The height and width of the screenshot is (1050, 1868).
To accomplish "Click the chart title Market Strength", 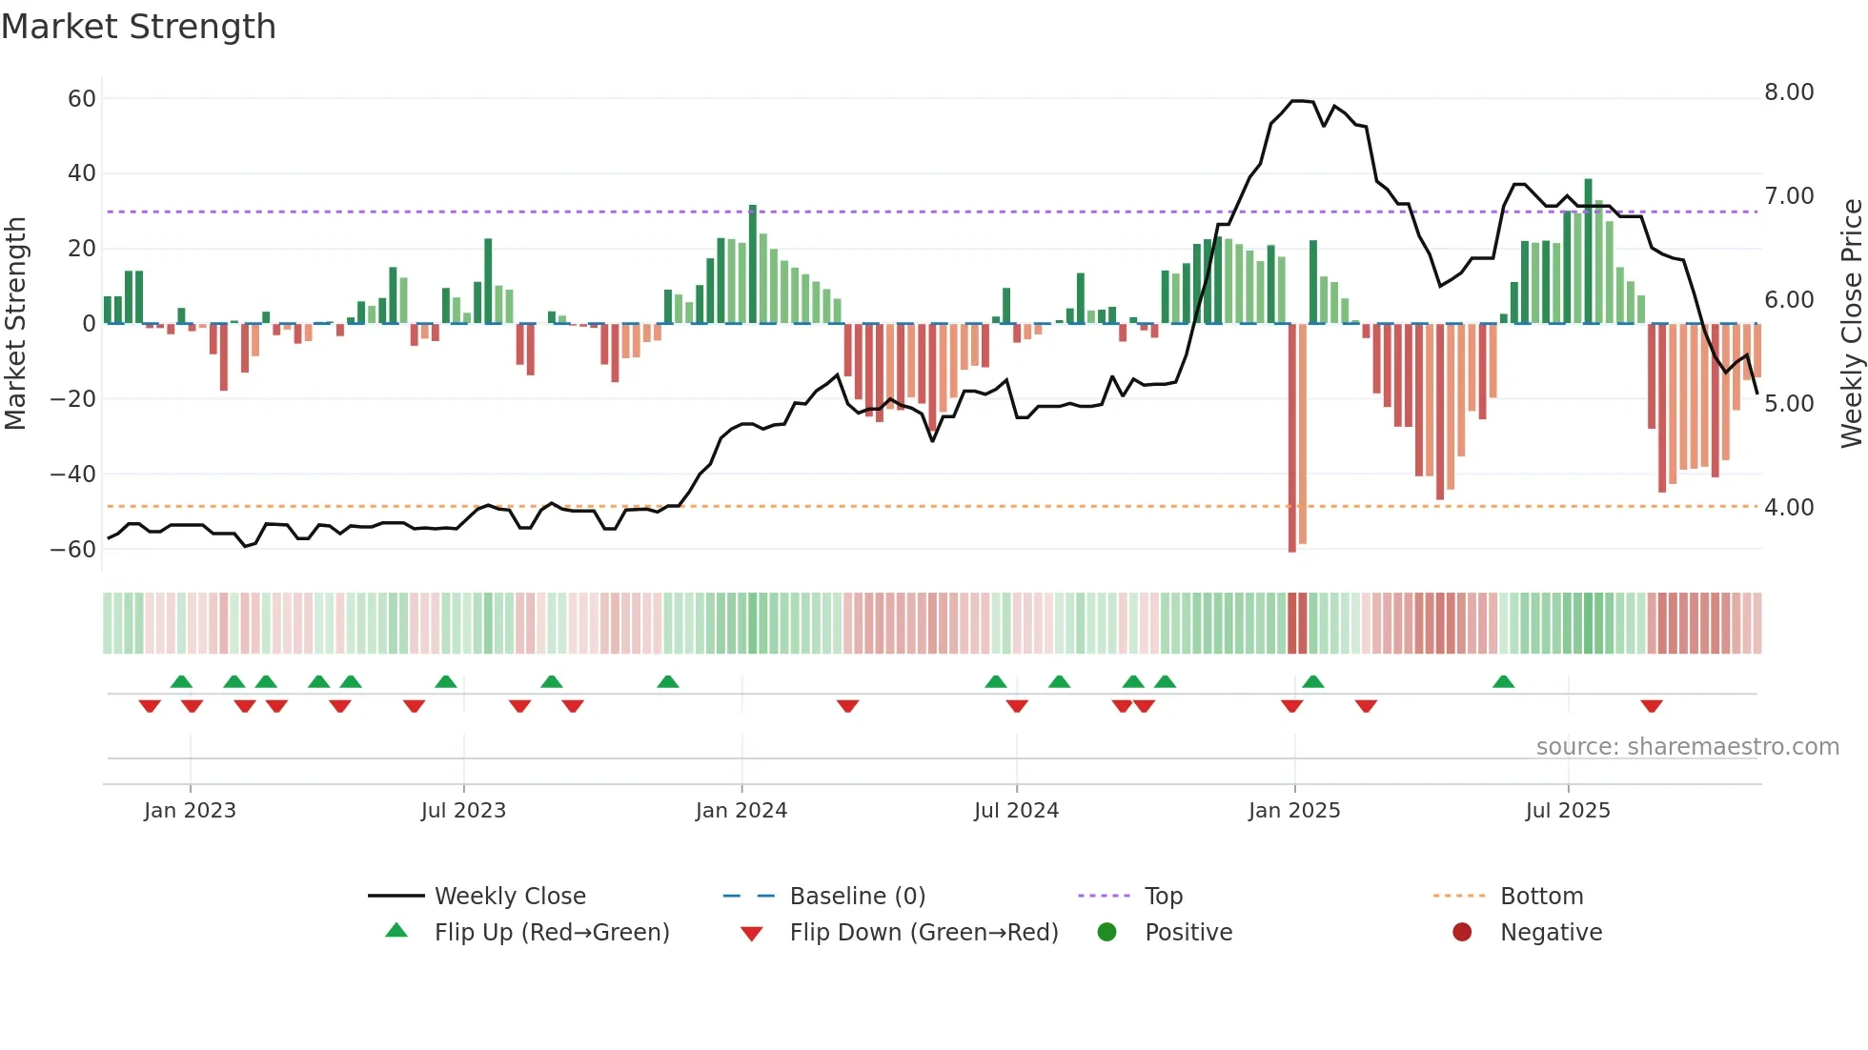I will (139, 27).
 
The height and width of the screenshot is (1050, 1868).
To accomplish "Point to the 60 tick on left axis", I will (82, 98).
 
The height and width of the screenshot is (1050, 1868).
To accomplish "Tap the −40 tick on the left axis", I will (73, 474).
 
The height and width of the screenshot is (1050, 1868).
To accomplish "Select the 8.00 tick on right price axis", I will (1789, 92).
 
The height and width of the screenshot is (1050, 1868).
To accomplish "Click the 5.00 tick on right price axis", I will (1789, 404).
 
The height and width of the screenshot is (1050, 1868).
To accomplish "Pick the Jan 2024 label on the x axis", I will (741, 811).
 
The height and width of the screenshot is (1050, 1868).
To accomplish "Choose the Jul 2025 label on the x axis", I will (1567, 811).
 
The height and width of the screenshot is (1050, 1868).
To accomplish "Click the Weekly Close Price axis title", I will (1851, 323).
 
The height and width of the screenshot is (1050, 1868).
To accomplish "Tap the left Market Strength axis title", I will (15, 323).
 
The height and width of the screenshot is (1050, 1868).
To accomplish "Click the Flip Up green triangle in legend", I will (396, 931).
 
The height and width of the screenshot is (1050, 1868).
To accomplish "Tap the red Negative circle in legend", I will (1461, 932).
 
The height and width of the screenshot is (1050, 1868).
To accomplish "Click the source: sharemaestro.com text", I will (1687, 747).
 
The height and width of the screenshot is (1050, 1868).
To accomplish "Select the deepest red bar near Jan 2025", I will (1292, 438).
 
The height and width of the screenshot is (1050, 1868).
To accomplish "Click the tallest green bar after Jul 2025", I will (1588, 251).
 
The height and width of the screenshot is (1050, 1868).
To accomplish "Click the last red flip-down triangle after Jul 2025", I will (1652, 706).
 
